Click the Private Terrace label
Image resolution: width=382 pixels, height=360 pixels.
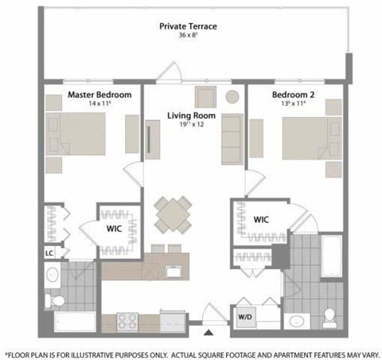[x=188, y=26]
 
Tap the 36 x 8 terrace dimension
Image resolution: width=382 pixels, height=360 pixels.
[x=188, y=37]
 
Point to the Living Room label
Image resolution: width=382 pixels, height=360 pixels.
[x=188, y=115]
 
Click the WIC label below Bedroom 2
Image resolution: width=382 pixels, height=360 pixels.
[x=261, y=219]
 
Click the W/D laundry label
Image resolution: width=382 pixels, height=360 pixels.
[x=244, y=316]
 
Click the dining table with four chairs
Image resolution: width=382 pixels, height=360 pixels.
[x=173, y=213]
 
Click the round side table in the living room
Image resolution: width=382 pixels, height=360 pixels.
[x=232, y=96]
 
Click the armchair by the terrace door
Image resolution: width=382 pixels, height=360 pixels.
[x=205, y=96]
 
